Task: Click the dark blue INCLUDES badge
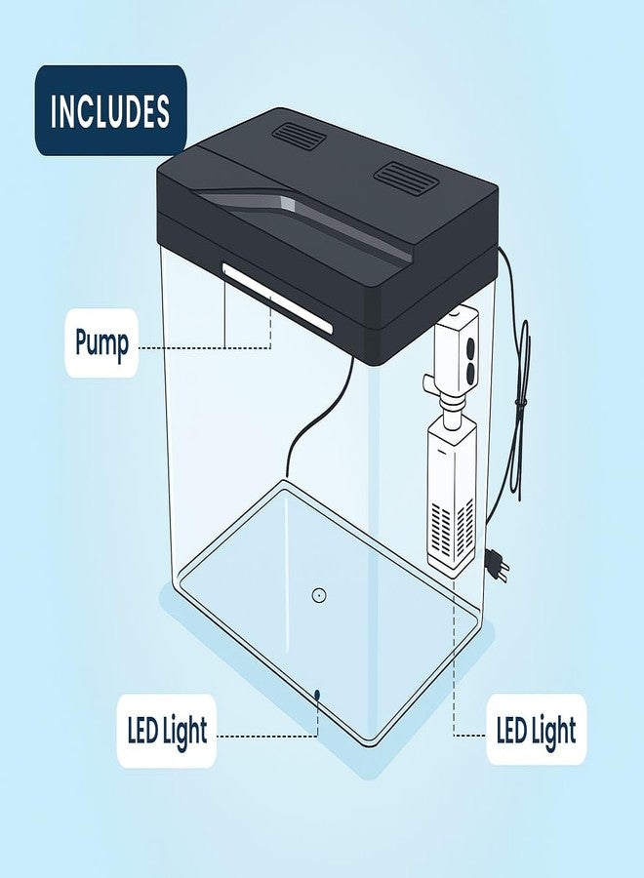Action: (x=110, y=110)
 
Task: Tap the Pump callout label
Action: (x=101, y=342)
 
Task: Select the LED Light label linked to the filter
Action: (x=536, y=730)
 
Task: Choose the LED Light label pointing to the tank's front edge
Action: (x=167, y=730)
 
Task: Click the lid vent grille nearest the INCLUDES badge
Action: (x=299, y=137)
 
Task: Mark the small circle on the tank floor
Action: (x=318, y=595)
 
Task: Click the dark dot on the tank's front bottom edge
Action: (x=316, y=695)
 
